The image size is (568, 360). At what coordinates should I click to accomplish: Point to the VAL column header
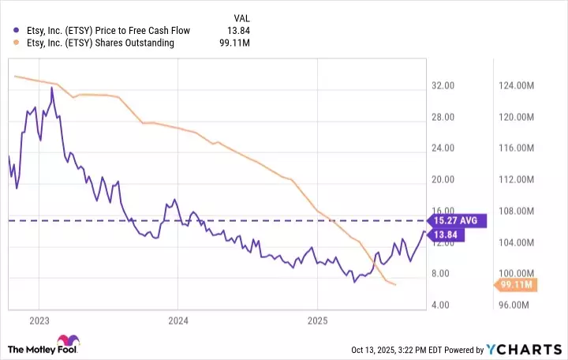coord(244,17)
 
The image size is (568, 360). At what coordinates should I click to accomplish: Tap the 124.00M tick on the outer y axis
coord(519,85)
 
